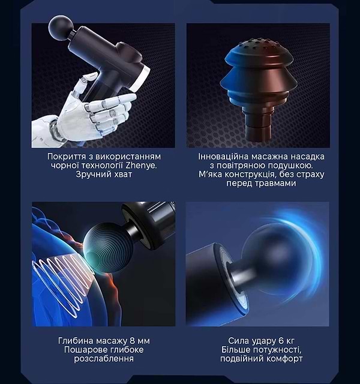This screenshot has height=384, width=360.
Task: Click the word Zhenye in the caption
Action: pos(141,166)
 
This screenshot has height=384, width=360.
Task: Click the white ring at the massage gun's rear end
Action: pos(140,79)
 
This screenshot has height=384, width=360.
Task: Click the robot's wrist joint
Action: pos(55,128)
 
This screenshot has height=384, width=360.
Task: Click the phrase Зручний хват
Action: pos(104,175)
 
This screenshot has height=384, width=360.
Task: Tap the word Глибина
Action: pos(76,341)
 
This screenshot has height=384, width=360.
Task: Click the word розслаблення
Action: pos(104,359)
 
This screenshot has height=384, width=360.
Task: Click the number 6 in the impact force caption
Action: pos(281,341)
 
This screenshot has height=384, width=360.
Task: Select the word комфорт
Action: pos(284,359)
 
